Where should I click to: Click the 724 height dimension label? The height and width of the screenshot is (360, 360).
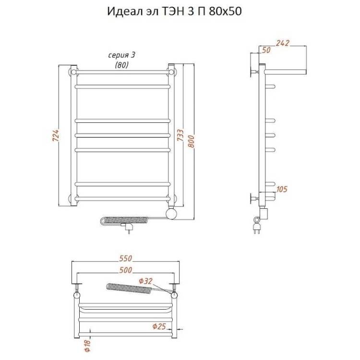(56, 135)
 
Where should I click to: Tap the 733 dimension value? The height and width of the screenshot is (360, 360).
(180, 135)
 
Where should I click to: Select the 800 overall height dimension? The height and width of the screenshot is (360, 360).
(191, 142)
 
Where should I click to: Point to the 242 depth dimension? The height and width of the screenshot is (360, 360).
(283, 43)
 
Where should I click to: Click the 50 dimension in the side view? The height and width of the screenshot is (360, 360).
(266, 50)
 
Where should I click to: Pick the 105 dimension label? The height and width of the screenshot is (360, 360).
(282, 189)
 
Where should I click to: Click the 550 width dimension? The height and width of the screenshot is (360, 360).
(126, 258)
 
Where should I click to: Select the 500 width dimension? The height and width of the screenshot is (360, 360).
(126, 270)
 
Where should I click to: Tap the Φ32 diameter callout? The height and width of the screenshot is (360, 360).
(145, 281)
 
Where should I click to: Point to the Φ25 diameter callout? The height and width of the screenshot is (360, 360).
(159, 326)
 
